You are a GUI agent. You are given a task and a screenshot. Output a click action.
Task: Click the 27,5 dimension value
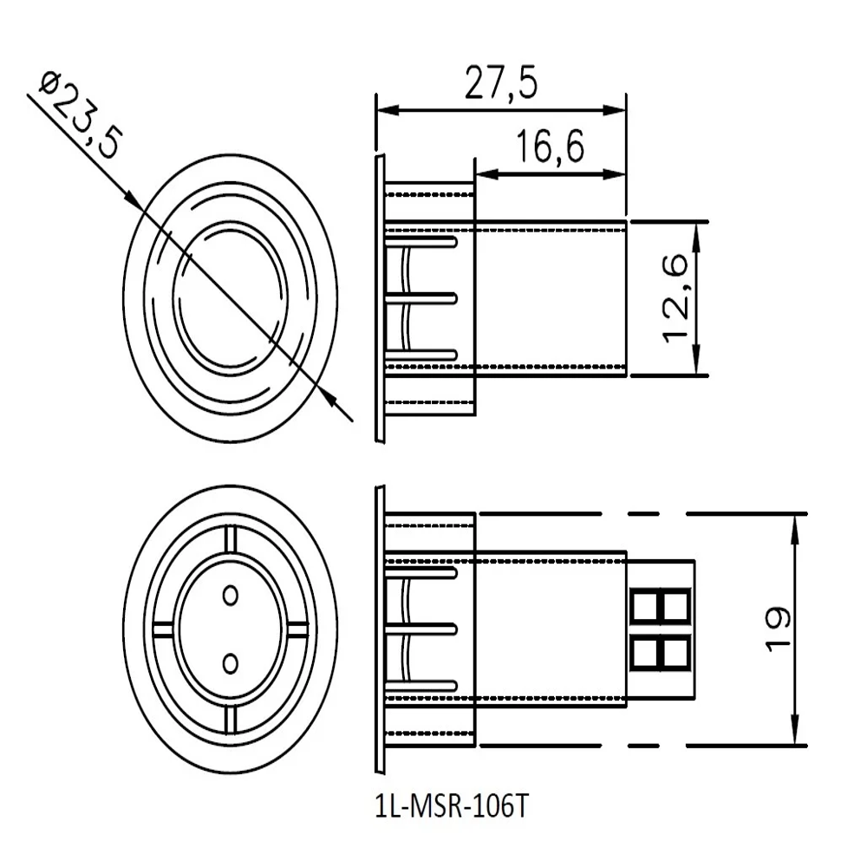click(x=500, y=85)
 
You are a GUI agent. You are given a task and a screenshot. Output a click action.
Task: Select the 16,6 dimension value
click(x=551, y=147)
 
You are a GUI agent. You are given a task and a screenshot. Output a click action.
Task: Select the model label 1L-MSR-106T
click(x=451, y=806)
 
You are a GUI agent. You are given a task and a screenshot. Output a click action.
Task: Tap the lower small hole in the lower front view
click(x=230, y=664)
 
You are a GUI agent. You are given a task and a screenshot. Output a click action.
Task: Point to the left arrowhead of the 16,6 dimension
click(x=486, y=174)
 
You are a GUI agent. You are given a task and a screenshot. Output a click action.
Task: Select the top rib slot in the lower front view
click(x=230, y=539)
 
